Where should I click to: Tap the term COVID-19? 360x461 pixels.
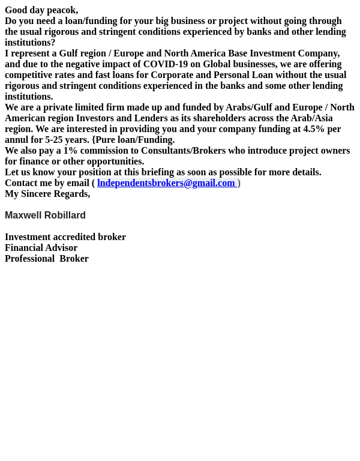(x=165, y=64)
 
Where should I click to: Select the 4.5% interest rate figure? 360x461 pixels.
(x=313, y=129)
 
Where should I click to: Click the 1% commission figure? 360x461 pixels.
(x=70, y=151)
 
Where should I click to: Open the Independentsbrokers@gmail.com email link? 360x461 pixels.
(x=166, y=183)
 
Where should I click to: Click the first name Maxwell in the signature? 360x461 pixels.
(x=23, y=215)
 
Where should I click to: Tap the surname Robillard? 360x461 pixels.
(x=65, y=215)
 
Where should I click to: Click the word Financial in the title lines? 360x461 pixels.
(x=23, y=248)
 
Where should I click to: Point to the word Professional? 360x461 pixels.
(x=29, y=259)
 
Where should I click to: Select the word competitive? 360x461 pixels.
(x=28, y=75)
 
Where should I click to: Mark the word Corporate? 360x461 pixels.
(x=172, y=75)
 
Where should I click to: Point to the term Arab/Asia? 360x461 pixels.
(x=311, y=118)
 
